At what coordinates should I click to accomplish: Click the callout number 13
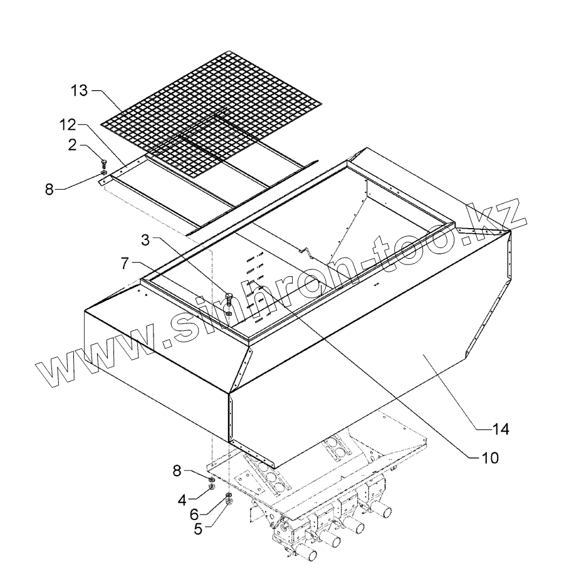tap(80, 91)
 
